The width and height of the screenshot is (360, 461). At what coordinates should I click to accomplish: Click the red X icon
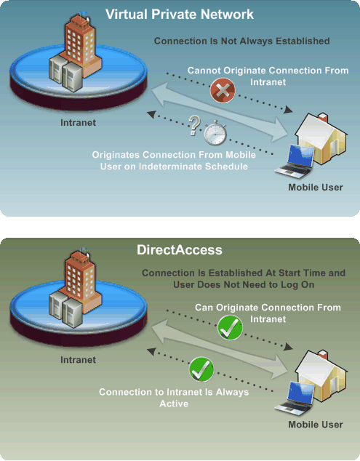pyautogui.click(x=223, y=91)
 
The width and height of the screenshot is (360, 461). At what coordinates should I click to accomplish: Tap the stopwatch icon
pyautogui.click(x=215, y=133)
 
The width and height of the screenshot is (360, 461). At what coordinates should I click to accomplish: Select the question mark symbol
pyautogui.click(x=194, y=126)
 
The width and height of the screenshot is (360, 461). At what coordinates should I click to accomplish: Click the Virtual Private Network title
pyautogui.click(x=180, y=14)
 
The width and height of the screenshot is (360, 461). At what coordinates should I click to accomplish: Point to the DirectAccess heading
pyautogui.click(x=180, y=250)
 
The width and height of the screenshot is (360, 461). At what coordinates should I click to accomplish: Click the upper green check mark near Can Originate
pyautogui.click(x=230, y=327)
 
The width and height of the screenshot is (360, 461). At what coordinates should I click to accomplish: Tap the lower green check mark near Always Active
pyautogui.click(x=201, y=369)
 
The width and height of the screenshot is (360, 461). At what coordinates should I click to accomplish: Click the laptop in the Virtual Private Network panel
pyautogui.click(x=295, y=161)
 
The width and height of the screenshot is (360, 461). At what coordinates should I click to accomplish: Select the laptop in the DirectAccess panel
pyautogui.click(x=295, y=398)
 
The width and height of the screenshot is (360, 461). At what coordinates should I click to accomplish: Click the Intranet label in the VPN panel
pyautogui.click(x=79, y=123)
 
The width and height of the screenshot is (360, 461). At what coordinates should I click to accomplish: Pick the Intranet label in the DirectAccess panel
pyautogui.click(x=79, y=360)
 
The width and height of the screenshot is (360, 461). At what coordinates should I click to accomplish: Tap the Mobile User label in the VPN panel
pyautogui.click(x=316, y=188)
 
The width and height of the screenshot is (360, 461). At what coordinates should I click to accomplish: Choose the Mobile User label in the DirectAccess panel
pyautogui.click(x=316, y=425)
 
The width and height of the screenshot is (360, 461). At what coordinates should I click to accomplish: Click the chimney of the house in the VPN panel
pyautogui.click(x=323, y=118)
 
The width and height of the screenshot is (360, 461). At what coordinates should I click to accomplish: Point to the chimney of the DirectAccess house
pyautogui.click(x=323, y=355)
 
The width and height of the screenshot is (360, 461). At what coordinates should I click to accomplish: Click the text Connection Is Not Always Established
pyautogui.click(x=241, y=41)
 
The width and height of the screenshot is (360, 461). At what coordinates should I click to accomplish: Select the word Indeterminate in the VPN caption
pyautogui.click(x=170, y=167)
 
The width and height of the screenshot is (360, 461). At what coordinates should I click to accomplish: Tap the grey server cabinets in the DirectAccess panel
pyautogui.click(x=65, y=309)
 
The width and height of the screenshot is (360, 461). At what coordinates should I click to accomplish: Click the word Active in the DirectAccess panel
pyautogui.click(x=174, y=404)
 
